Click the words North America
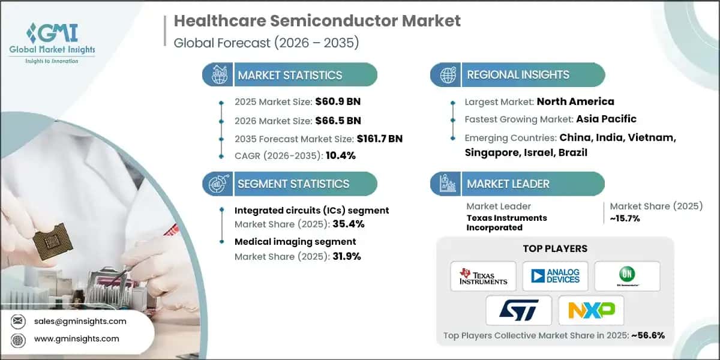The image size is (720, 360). coord(575,101)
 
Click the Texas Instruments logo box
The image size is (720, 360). coord(483,276)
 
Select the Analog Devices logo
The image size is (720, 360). coord(555,276)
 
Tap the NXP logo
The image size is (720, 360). coord(591,310)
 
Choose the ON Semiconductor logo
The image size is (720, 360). coord(627,276)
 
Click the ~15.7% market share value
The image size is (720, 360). coord(625,218)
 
